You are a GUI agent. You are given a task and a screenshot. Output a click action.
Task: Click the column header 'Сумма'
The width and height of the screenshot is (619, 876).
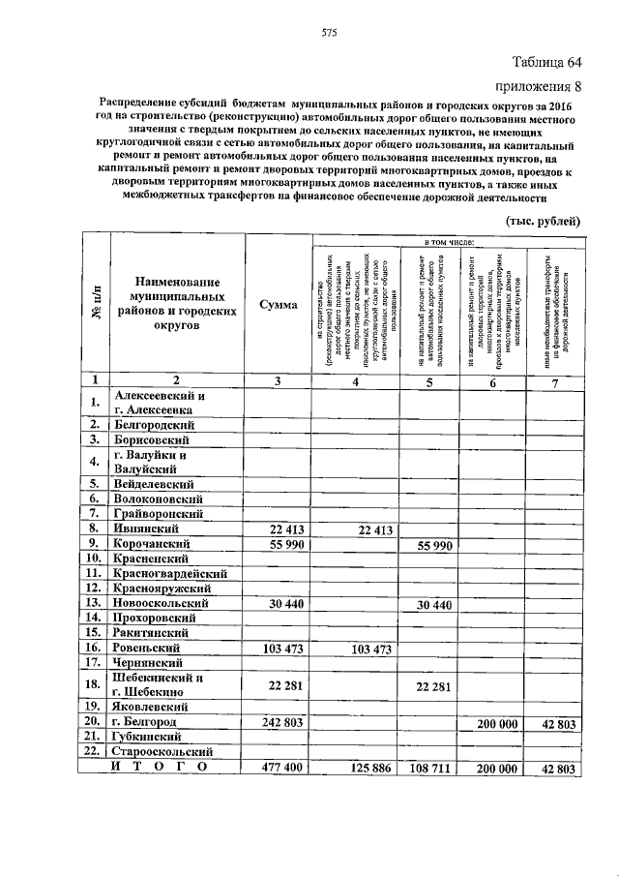tap(278, 304)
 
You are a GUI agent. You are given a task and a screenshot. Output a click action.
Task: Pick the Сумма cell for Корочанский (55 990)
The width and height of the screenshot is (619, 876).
tap(278, 545)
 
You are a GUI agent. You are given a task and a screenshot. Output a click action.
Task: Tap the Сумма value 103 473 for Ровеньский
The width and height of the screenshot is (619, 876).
tap(278, 647)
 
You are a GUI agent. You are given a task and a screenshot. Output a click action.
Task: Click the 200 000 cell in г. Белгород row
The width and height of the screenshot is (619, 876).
tap(492, 722)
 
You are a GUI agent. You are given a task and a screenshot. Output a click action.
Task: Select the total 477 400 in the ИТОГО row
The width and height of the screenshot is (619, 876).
tap(278, 769)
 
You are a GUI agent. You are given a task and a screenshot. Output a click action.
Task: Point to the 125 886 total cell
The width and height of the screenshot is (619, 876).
tap(367, 769)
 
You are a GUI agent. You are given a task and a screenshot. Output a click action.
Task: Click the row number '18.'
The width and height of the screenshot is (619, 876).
tap(95, 684)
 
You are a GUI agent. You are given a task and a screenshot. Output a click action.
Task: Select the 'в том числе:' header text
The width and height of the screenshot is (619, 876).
tap(446, 238)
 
